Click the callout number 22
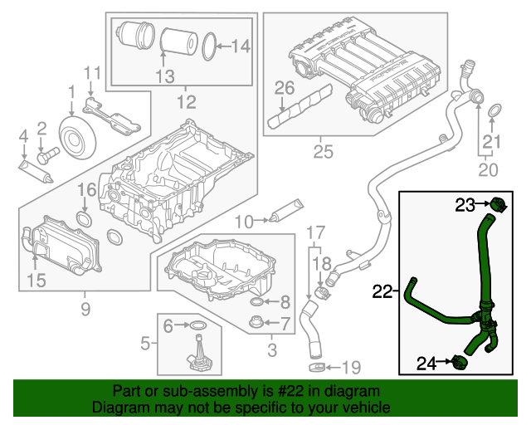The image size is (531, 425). tap(381, 291)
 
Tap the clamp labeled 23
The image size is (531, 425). tap(498, 204)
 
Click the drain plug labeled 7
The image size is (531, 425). tap(257, 320)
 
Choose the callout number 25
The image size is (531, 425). tap(323, 151)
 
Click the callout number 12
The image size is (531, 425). tap(186, 103)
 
